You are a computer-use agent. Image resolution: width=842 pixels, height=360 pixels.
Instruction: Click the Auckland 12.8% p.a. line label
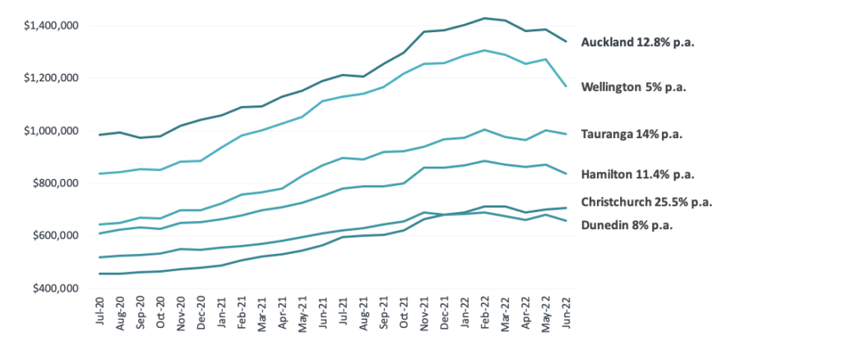tap(638, 43)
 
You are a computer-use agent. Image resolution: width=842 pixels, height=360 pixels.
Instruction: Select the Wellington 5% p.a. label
tap(634, 87)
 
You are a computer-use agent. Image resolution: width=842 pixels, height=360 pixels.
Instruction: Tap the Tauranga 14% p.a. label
tap(632, 134)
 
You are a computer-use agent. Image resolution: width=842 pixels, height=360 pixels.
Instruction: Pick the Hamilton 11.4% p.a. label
tap(638, 174)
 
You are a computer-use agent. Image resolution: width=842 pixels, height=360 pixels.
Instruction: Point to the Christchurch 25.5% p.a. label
tap(647, 202)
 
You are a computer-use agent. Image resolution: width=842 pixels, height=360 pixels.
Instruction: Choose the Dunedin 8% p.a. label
tap(627, 225)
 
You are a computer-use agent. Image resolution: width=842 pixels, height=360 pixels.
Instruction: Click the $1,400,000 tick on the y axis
tap(52, 25)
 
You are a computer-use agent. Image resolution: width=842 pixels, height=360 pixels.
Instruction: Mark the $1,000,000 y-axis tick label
tap(52, 131)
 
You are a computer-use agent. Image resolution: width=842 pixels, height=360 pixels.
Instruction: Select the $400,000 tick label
tap(56, 288)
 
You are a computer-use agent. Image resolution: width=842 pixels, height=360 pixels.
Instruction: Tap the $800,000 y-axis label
tap(56, 183)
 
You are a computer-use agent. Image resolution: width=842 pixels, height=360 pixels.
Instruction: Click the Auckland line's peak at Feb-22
tap(485, 18)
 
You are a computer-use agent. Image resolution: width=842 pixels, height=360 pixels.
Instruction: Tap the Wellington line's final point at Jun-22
tap(567, 86)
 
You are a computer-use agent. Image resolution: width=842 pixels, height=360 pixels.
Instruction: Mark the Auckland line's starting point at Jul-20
tap(99, 135)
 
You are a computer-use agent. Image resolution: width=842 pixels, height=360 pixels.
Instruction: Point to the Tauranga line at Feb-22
tap(485, 129)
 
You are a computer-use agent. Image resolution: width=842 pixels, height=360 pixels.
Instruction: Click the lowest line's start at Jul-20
tap(99, 274)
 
